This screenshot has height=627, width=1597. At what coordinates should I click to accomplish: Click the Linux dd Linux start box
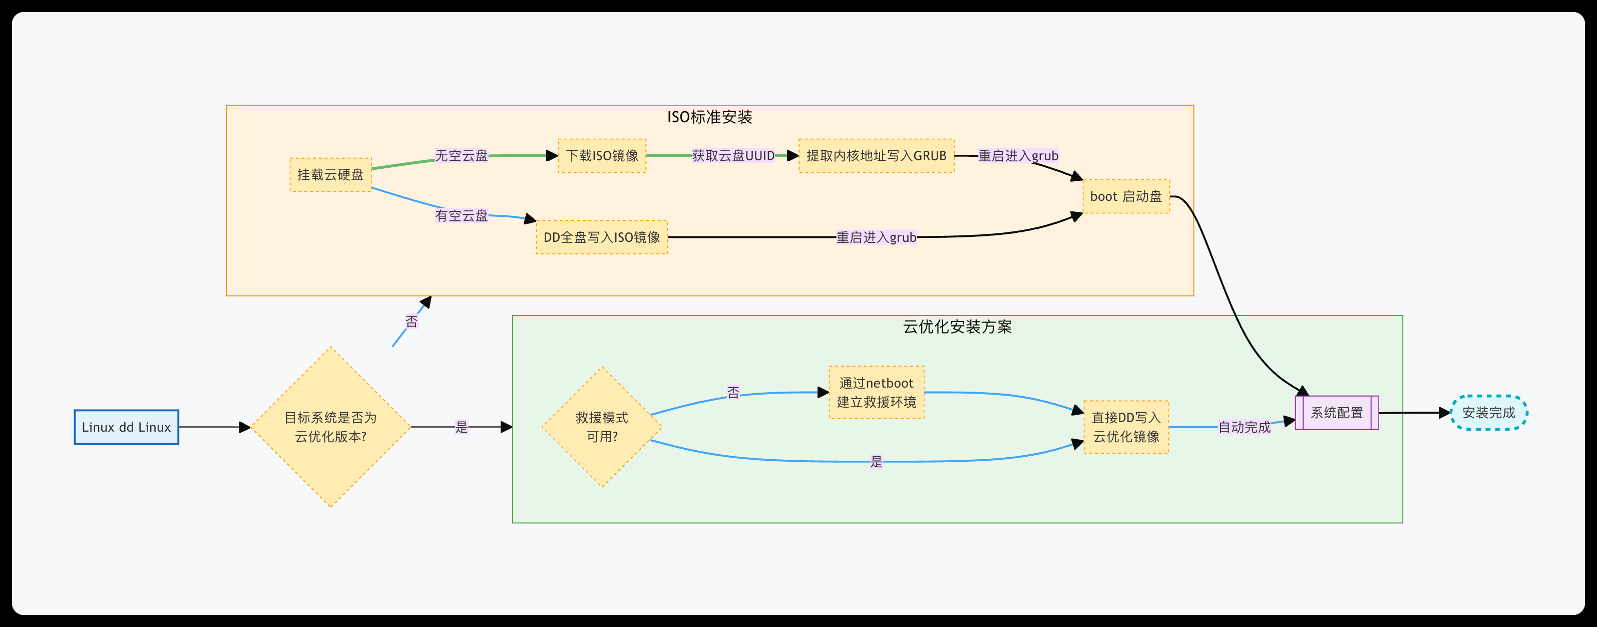[x=127, y=427]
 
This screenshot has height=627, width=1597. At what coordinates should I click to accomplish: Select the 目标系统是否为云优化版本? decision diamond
[x=330, y=427]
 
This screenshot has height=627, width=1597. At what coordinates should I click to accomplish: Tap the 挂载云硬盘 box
[x=330, y=175]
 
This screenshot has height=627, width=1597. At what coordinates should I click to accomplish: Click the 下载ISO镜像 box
[x=602, y=156]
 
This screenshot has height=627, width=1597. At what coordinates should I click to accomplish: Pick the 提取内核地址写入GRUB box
[x=876, y=156]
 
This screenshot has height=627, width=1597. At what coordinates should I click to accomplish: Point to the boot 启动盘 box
[x=1126, y=197]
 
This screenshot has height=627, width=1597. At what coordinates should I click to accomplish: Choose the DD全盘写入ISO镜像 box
[x=601, y=237]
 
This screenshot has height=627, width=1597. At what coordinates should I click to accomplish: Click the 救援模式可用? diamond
[x=601, y=427]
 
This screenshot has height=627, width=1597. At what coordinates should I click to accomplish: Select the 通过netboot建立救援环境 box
[x=876, y=393]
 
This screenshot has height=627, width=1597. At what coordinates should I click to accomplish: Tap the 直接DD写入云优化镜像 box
[x=1126, y=427]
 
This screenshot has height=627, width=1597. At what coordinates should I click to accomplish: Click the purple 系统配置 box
[x=1337, y=413]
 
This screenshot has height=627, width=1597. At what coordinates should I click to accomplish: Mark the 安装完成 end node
[x=1488, y=413]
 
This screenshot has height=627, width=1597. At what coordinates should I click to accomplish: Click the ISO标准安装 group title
[x=709, y=117]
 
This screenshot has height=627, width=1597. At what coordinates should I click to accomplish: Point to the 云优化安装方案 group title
[x=957, y=327]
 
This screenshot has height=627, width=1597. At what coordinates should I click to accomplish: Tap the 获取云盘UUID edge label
[x=733, y=156]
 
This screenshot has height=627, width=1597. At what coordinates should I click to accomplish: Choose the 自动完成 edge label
[x=1244, y=427]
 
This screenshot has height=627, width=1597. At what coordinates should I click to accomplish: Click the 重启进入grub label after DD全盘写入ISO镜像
[x=876, y=237]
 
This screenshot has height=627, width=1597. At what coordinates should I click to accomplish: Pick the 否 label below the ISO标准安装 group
[x=412, y=321]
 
